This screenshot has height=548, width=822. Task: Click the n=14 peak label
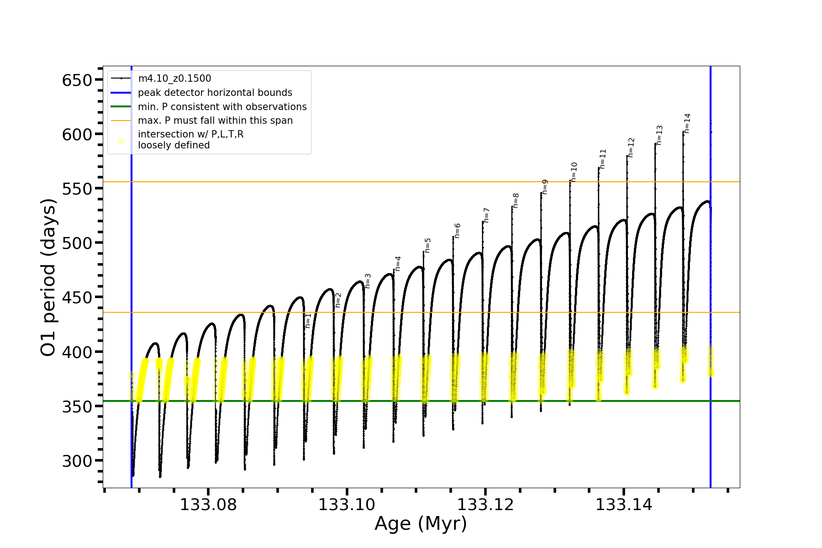(687, 123)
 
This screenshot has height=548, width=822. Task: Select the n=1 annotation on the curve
(308, 321)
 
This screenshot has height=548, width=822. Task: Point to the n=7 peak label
(486, 215)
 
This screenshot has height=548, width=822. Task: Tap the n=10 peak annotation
(574, 172)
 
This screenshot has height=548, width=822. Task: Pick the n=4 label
(398, 263)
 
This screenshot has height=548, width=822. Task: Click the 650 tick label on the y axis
(77, 80)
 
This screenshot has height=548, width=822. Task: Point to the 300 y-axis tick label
(77, 461)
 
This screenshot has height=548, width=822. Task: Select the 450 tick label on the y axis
(77, 298)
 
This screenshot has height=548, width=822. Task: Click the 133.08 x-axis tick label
(208, 505)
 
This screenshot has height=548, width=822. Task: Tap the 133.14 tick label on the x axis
(624, 505)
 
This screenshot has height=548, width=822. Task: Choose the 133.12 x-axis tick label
(485, 505)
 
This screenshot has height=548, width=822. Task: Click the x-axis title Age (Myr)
(421, 524)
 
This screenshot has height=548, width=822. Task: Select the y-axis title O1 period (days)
(48, 277)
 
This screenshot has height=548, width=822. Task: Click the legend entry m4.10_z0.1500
(174, 79)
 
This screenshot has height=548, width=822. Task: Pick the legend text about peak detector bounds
(215, 93)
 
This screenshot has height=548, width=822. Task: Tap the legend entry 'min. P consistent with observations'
(222, 107)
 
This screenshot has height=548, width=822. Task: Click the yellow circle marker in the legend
(121, 141)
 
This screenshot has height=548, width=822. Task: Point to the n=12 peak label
(631, 148)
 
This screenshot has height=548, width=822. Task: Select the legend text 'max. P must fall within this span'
(216, 121)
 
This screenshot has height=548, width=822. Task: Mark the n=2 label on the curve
(338, 300)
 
